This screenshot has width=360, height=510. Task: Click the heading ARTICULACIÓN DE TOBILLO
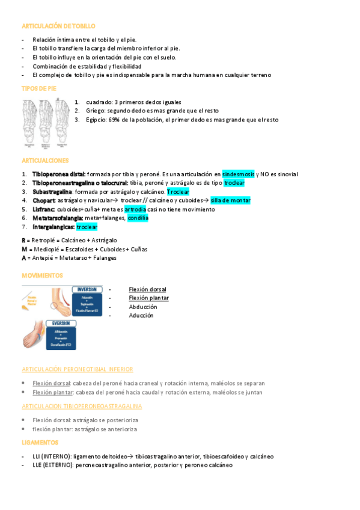coord(58,26)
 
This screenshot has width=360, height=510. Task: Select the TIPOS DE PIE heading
coord(38,88)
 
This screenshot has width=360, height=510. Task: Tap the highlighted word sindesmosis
coord(238,174)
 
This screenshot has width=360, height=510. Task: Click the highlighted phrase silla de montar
coord(230,200)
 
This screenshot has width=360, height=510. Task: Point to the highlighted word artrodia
coord(135,209)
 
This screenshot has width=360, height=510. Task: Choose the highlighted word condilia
coord(138,218)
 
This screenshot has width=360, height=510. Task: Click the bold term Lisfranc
coord(44,209)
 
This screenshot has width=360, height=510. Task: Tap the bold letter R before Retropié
coord(23,240)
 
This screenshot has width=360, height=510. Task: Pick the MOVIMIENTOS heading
coord(42,275)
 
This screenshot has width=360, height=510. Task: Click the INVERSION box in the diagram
coord(87,289)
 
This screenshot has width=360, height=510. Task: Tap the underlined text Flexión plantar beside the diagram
coord(148,298)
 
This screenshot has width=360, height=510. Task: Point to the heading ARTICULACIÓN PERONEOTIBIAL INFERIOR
coord(77,369)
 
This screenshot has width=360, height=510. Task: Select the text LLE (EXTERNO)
coord(52,465)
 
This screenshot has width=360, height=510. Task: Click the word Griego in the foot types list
coord(95,111)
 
